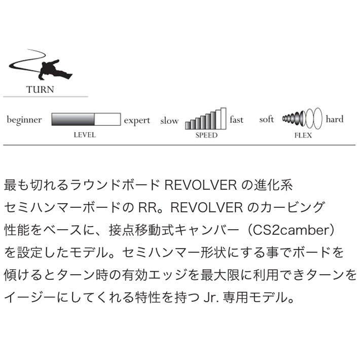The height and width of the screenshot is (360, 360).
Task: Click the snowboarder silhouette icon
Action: tap(40, 65)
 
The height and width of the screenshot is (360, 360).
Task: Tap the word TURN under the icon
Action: tap(40, 89)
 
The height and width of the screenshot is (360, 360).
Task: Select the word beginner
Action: tap(24, 120)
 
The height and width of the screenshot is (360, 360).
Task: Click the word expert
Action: tap(137, 121)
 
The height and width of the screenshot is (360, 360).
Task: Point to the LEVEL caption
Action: tap(85, 135)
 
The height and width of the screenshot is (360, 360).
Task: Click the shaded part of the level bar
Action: tap(73, 119)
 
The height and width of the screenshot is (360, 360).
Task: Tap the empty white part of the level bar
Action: tap(107, 119)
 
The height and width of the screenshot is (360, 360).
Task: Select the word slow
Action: tap(169, 120)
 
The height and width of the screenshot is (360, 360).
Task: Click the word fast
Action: tap(236, 119)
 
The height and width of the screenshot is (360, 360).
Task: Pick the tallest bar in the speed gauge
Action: tap(224, 119)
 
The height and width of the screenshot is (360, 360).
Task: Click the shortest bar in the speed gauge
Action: tap(188, 125)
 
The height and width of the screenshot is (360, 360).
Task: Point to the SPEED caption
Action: tap(206, 135)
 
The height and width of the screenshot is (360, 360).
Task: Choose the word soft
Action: tap(267, 119)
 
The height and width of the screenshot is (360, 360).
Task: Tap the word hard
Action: tap(335, 119)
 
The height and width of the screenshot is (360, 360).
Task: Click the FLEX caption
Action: tap(303, 135)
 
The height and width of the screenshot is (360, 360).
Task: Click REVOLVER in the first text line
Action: tap(201, 185)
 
